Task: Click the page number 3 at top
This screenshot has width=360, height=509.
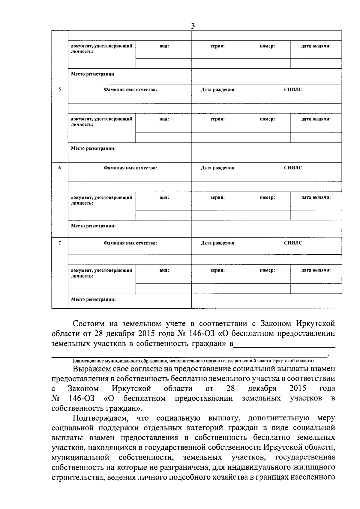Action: (x=193, y=26)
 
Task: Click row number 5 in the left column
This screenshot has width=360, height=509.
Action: (x=60, y=89)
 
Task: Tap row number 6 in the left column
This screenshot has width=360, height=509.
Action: (x=60, y=168)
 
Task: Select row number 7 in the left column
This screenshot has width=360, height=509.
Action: (x=60, y=243)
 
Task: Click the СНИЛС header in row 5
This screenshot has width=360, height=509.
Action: (x=293, y=89)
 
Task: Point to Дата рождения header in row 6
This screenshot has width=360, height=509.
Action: (x=217, y=168)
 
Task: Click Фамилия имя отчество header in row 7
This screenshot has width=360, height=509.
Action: (x=130, y=243)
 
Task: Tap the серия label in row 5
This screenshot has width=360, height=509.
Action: (x=217, y=119)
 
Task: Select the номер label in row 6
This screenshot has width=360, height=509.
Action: (x=267, y=197)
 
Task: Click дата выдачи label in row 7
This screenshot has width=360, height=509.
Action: (x=316, y=270)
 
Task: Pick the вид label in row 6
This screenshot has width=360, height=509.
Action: (x=164, y=197)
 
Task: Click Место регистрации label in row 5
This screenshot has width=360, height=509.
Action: (x=93, y=148)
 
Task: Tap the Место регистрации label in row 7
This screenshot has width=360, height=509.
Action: (x=93, y=299)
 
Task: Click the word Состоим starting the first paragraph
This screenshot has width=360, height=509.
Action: (x=89, y=324)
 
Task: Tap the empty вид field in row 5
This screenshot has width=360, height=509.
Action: (x=163, y=138)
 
